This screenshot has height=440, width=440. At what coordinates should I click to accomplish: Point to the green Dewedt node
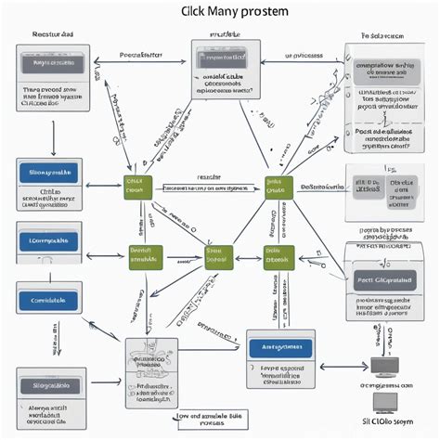pos(145,255)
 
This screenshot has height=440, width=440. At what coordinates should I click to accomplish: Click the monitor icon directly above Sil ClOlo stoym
pos(384,403)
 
